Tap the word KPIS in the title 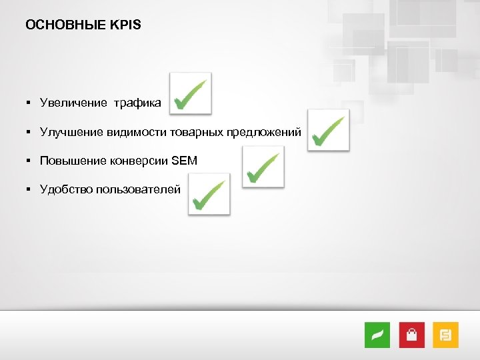[125, 25]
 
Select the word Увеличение [73, 103]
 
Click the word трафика [137, 103]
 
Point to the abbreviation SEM [185, 161]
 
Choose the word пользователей [138, 190]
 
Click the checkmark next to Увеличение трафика [190, 93]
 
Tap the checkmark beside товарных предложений [328, 130]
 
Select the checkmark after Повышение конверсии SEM [263, 167]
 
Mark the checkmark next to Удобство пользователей [209, 194]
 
